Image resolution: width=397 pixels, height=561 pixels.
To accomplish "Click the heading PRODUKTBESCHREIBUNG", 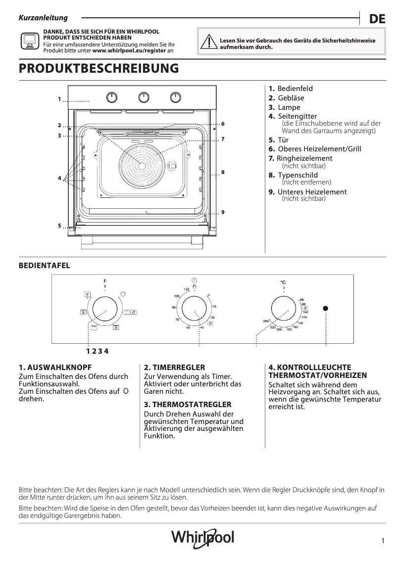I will point(98,69).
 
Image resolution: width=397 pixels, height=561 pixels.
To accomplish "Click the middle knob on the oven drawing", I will point(144,97).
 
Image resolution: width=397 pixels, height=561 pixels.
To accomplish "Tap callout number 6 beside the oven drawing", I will point(223,123).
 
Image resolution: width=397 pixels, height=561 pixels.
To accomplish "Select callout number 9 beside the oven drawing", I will point(223,212).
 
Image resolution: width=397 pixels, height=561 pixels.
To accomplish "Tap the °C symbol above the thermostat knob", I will point(283,282).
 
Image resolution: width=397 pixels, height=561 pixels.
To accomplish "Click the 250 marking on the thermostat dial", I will point(266,322).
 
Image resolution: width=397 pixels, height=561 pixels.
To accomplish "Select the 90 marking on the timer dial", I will point(174,308).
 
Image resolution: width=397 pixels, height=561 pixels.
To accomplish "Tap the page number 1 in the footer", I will point(383,541).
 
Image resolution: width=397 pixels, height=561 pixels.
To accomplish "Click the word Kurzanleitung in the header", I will point(43,18).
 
